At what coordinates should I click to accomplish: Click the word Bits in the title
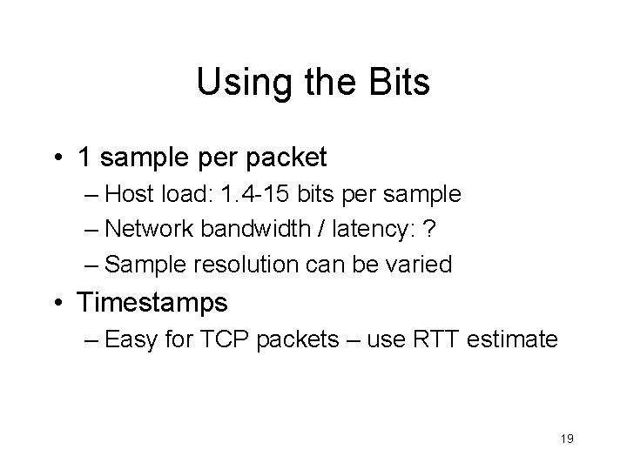397,83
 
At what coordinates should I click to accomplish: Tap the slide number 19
566,441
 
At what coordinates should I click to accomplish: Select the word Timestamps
152,303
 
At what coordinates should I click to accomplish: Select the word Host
130,194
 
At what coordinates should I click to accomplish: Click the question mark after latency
428,228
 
